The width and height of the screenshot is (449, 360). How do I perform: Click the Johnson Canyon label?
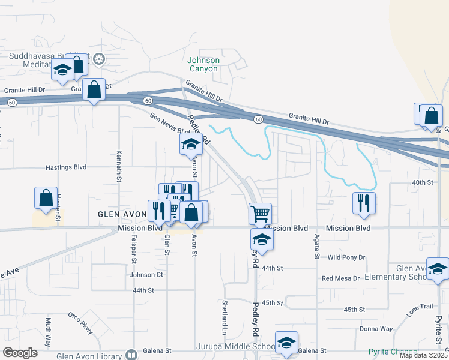pos(203,64)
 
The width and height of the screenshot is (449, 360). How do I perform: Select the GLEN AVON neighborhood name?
pos(122,214)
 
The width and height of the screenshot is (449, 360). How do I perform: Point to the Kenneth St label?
pos(119,166)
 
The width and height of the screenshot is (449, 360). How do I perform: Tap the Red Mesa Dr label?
pos(340,278)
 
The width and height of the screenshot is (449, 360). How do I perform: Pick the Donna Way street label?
pos(376,329)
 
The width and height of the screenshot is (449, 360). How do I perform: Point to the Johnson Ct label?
pos(146,275)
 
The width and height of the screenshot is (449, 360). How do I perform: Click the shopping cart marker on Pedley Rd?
pos(260,213)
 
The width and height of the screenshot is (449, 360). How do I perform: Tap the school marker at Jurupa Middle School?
pos(287,343)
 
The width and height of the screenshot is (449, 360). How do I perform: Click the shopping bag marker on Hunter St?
pos(46,198)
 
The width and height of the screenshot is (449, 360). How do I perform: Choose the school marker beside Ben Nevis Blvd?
pos(191,144)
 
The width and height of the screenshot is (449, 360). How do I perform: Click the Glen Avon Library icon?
pos(131,355)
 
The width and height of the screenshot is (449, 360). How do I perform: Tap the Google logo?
pos(20,353)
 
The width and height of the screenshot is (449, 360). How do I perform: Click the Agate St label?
pos(316,247)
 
